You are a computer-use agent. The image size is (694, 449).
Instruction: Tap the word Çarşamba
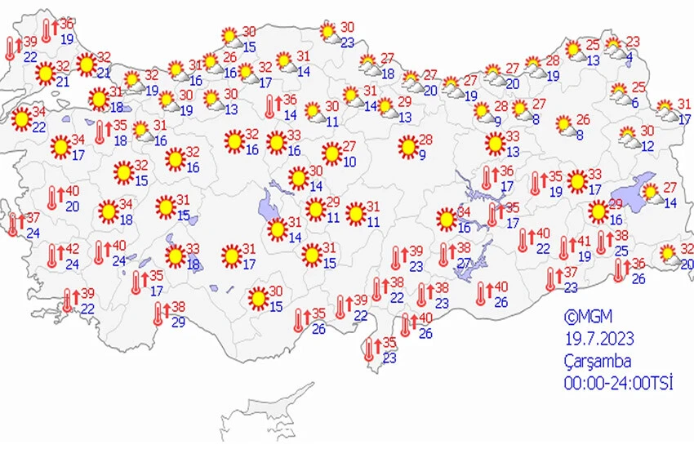pyautogui.click(x=597, y=361)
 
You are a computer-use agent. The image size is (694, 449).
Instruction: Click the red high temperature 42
pyautogui.click(x=73, y=250)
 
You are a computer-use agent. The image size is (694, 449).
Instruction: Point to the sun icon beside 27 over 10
pyautogui.click(x=331, y=153)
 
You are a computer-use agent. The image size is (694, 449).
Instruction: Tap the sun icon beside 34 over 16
pyautogui.click(x=446, y=220)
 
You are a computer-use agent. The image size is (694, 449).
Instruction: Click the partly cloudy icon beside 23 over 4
pyautogui.click(x=614, y=46)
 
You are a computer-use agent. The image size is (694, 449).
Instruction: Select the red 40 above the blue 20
pyautogui.click(x=72, y=191)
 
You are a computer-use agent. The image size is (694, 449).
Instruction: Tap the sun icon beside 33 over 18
pyautogui.click(x=175, y=256)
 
